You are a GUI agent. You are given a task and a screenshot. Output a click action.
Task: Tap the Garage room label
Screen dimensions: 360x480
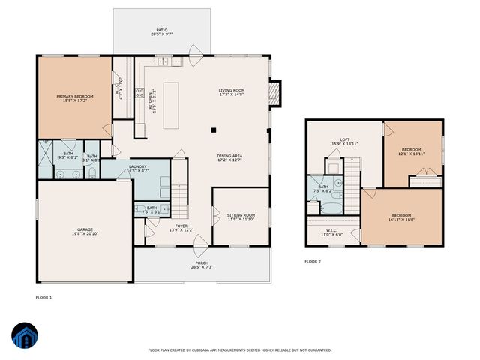85,232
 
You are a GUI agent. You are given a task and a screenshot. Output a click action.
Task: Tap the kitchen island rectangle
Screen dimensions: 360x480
172,97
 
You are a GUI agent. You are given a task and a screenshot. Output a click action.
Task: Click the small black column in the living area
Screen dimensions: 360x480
213,130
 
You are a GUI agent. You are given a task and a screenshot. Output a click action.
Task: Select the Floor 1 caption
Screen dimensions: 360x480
44,298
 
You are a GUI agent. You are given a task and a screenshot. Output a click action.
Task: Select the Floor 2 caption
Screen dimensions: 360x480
313,262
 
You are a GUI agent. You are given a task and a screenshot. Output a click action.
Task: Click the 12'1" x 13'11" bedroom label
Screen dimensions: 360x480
412,151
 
